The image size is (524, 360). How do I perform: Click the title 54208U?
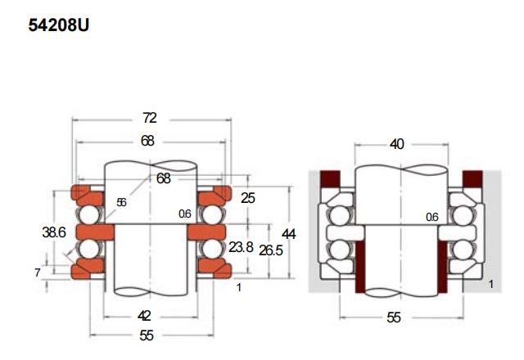click(58, 25)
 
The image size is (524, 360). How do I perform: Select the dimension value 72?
click(149, 118)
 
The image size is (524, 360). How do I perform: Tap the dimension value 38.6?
click(54, 232)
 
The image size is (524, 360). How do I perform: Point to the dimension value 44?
click(289, 234)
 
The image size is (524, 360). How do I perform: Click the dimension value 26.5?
click(271, 250)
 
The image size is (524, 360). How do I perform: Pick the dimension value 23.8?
click(241, 247)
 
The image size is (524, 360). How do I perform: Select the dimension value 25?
click(248, 198)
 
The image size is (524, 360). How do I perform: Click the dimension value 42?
click(144, 316)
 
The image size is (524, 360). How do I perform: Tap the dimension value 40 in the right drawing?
click(396, 144)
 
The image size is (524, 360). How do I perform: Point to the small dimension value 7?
click(38, 272)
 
